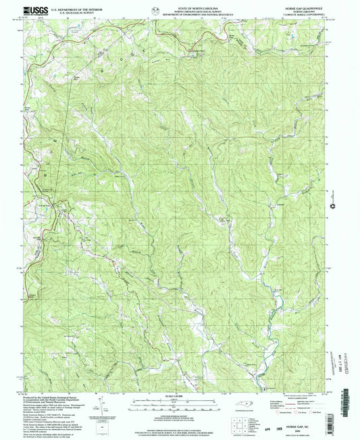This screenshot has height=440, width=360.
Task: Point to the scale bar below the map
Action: pos(180,398)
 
